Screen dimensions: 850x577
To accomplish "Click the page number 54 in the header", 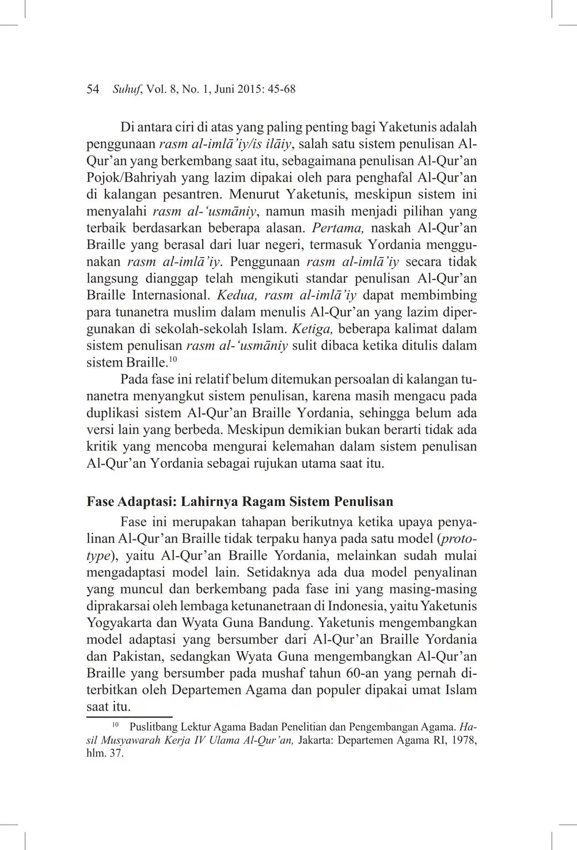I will pos(93,89).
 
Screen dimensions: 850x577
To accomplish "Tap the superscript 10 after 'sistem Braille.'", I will pos(173,360).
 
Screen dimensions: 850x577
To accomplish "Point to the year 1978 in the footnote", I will pos(465,741).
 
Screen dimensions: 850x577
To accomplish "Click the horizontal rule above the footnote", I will pos(129,717).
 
